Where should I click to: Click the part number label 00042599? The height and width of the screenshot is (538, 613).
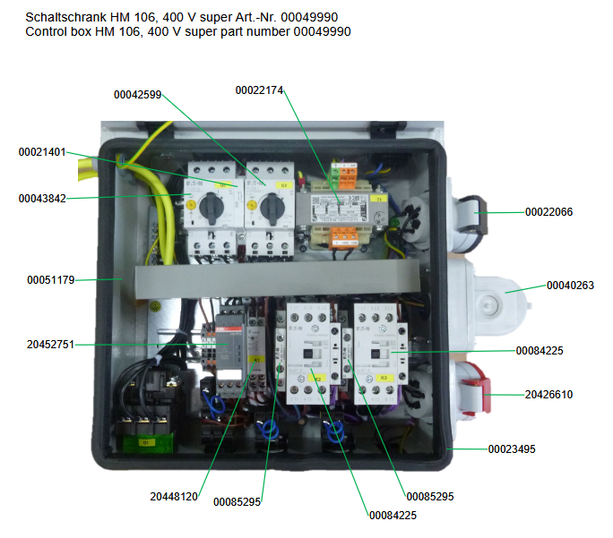pyautogui.click(x=137, y=94)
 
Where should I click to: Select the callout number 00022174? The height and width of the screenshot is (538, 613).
pyautogui.click(x=259, y=90)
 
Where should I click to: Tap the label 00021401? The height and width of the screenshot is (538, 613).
pyautogui.click(x=42, y=152)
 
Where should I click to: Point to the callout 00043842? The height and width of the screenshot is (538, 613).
pyautogui.click(x=42, y=198)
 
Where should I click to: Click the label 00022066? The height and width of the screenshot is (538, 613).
pyautogui.click(x=548, y=212)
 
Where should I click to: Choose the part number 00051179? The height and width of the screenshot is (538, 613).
pyautogui.click(x=50, y=280)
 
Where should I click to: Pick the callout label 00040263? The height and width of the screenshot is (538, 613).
pyautogui.click(x=570, y=286)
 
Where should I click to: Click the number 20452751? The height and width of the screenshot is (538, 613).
pyautogui.click(x=50, y=344)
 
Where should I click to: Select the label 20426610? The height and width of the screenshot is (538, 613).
pyautogui.click(x=548, y=394)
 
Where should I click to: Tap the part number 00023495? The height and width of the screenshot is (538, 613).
pyautogui.click(x=512, y=448)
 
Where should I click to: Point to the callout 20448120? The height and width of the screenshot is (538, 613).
pyautogui.click(x=174, y=495)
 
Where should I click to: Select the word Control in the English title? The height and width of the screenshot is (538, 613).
pyautogui.click(x=47, y=31)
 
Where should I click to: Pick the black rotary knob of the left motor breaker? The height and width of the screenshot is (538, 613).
pyautogui.click(x=212, y=209)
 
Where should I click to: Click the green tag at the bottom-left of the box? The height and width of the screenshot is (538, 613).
pyautogui.click(x=143, y=441)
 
